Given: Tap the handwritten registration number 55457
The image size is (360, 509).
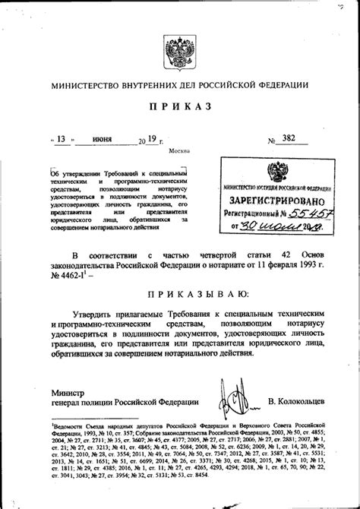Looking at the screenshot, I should (311, 214).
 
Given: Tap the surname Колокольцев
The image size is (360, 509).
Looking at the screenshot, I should (304, 400).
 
